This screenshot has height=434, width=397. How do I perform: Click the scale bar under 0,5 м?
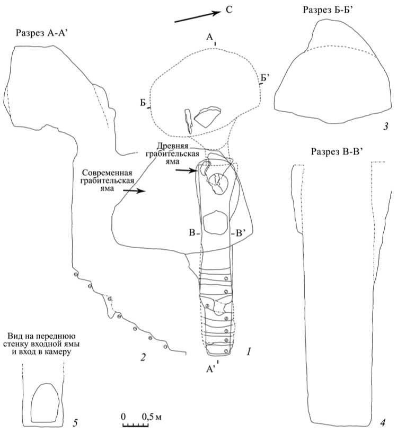point(135,424)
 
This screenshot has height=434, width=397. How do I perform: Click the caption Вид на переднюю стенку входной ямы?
point(42,343)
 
